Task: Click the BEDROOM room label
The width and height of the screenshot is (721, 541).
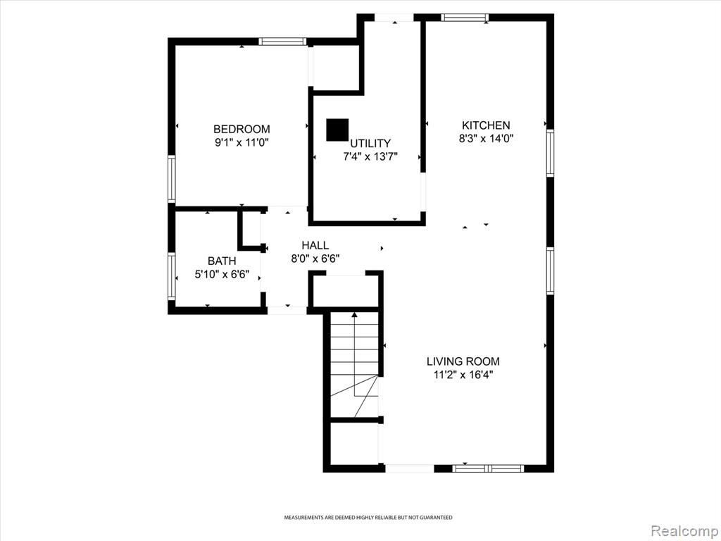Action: point(242,130)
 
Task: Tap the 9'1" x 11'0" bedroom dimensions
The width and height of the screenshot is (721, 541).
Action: point(242,142)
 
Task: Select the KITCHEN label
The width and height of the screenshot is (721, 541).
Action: point(486,125)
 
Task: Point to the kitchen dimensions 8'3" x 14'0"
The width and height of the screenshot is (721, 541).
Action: point(486,138)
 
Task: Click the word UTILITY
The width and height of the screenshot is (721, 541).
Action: point(370,143)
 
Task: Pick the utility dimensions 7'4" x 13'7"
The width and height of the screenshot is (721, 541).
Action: point(370,156)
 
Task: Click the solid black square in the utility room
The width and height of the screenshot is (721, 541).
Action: point(337,130)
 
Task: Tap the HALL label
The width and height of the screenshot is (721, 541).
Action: point(315,245)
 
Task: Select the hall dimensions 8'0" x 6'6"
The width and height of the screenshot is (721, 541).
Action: point(315,259)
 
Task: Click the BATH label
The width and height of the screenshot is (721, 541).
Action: point(222,261)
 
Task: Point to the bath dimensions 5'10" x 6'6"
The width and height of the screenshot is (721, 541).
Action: point(222,275)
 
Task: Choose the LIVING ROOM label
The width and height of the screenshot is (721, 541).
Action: point(463,361)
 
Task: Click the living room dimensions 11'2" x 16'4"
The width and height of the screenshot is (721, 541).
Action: point(463,375)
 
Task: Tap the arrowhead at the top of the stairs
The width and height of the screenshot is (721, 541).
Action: point(355,315)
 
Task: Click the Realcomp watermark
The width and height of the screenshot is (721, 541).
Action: point(684,530)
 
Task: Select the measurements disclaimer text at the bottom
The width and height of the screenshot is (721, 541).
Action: point(368,518)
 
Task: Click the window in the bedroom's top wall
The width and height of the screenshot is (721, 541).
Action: point(282,42)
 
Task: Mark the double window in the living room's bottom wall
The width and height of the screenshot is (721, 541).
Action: point(489,468)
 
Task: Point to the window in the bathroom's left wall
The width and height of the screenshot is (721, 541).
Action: point(172,276)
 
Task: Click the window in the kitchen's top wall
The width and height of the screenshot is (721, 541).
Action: point(465,18)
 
